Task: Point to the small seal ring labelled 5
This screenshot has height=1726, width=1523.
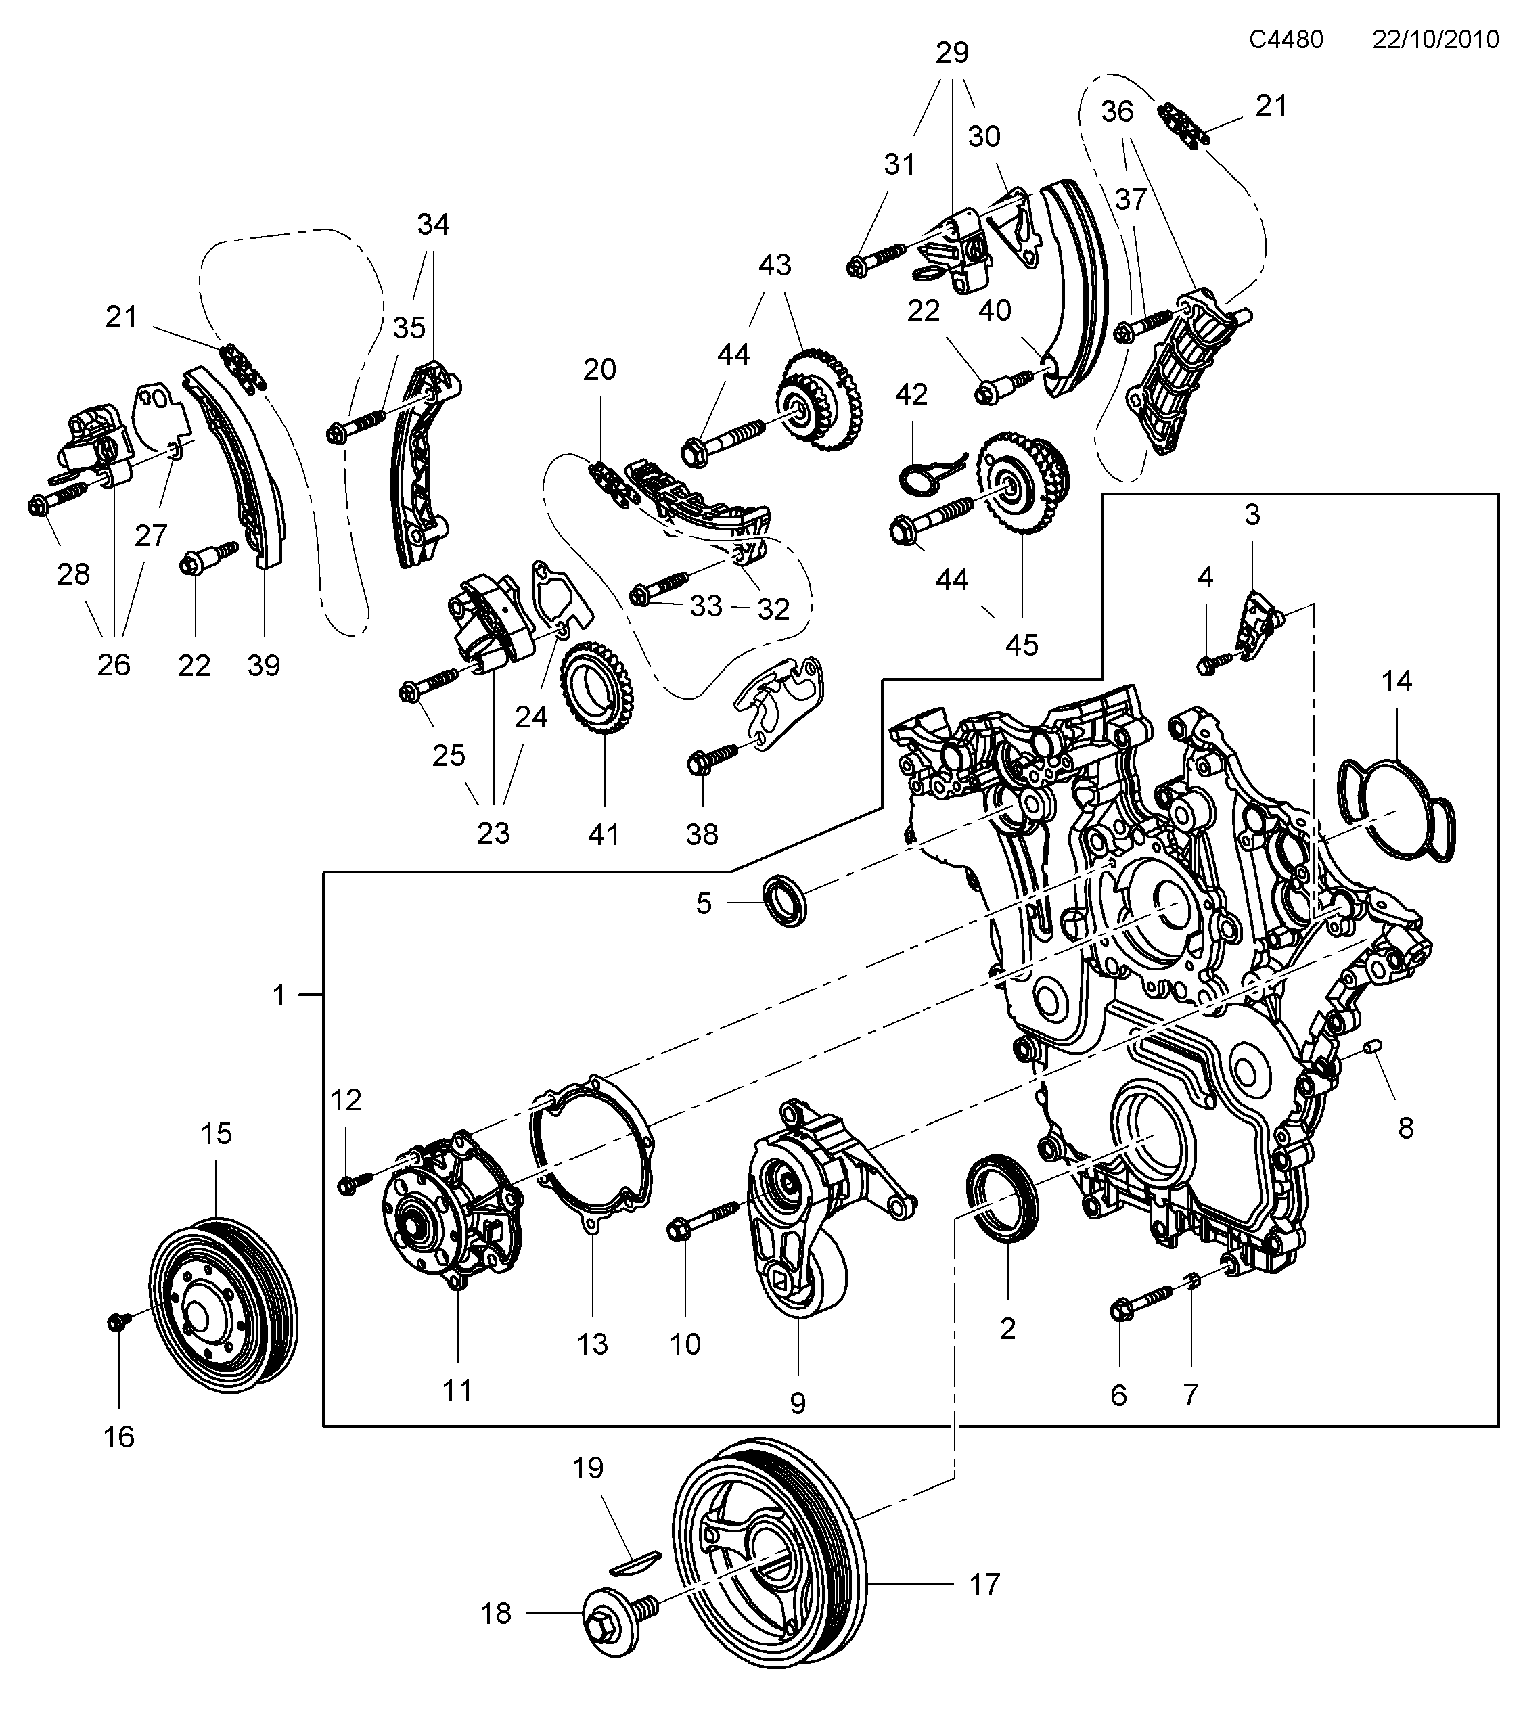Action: click(x=784, y=902)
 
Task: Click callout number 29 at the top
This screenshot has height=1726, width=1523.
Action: click(x=952, y=52)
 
